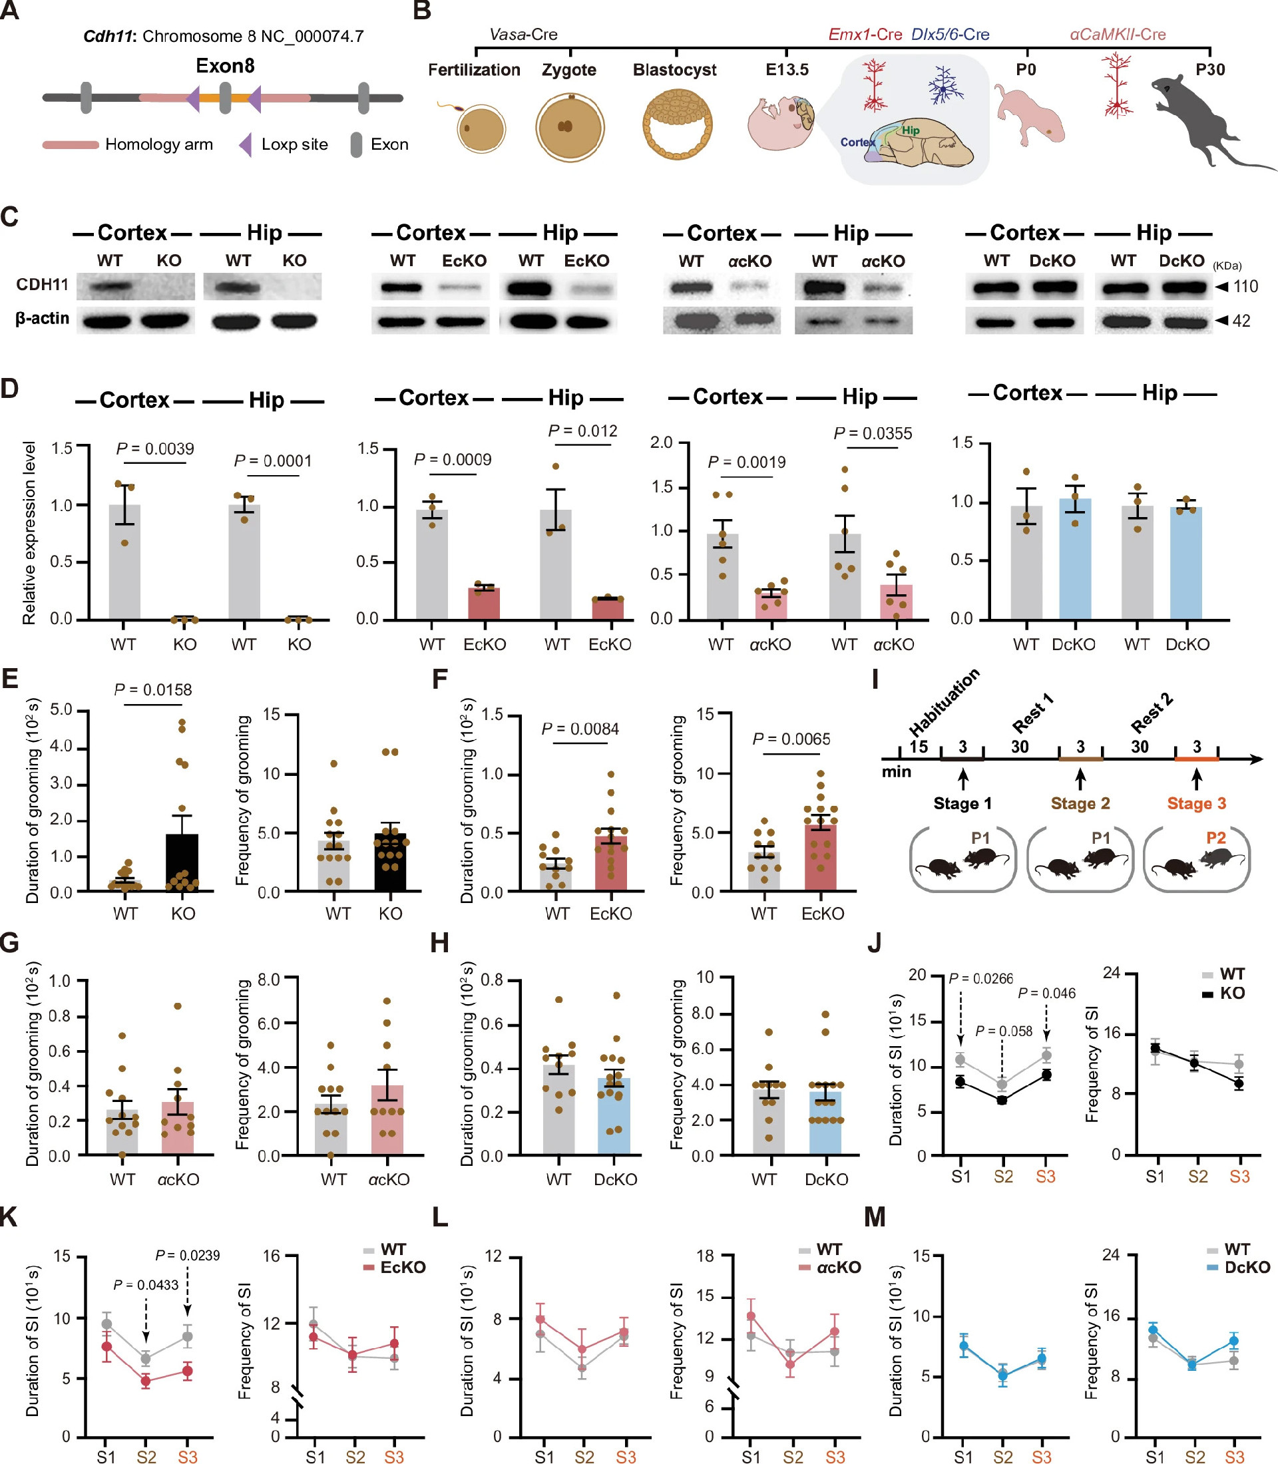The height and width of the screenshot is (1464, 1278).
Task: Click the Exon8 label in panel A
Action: point(225,67)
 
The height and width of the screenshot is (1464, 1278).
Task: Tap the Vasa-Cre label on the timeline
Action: point(523,34)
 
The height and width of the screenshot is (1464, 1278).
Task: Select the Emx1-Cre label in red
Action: point(865,34)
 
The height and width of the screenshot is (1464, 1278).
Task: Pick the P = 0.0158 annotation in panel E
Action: point(152,689)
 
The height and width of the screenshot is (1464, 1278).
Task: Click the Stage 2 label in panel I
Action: point(1080,803)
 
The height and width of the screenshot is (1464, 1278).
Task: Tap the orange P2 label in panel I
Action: point(1215,837)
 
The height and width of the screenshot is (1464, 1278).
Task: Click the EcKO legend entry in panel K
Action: point(402,1267)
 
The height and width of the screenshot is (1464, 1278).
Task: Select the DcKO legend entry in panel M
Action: point(1247,1267)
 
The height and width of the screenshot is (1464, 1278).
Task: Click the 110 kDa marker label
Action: point(1245,287)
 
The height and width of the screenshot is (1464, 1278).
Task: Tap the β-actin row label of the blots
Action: point(42,318)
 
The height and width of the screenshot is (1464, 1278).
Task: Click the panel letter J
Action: point(875,944)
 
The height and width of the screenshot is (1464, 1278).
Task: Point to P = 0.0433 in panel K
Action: point(146,1284)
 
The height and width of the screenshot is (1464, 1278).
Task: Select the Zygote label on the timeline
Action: point(568,70)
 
